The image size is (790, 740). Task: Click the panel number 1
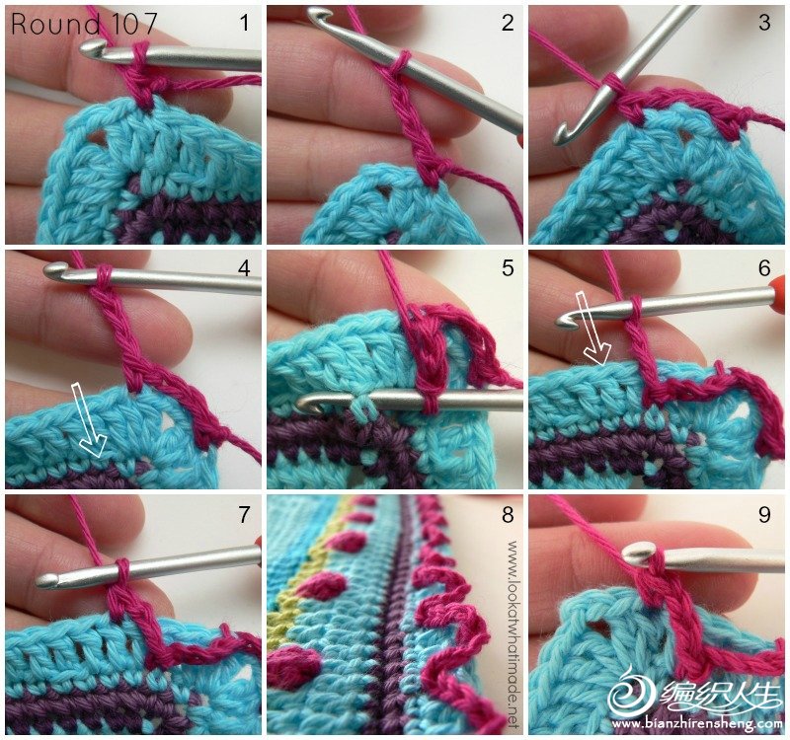[245, 23]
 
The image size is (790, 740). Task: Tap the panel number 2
[508, 23]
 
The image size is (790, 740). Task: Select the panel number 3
[764, 23]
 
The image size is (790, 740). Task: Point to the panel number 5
[508, 267]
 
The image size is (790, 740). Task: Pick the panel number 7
[244, 514]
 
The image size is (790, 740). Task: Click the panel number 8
[508, 514]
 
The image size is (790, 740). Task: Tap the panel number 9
[764, 514]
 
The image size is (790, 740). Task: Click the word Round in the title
[55, 24]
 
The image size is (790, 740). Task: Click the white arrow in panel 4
[90, 419]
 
